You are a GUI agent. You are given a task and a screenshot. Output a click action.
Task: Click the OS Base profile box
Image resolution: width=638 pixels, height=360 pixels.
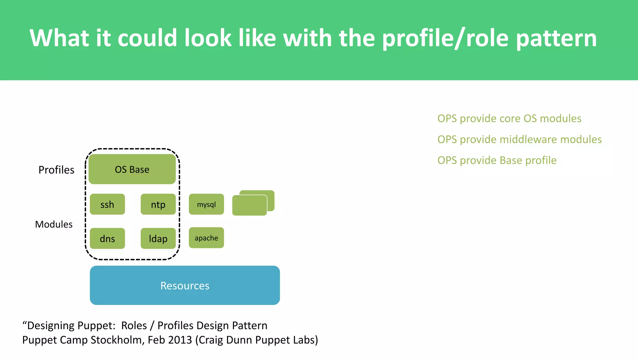(x=132, y=169)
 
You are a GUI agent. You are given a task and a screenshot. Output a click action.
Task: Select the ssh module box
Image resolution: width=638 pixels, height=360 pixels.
(x=107, y=204)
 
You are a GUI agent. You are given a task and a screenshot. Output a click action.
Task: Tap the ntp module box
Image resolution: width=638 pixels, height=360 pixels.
(x=158, y=204)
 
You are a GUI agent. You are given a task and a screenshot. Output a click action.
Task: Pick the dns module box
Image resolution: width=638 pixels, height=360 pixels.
(x=107, y=238)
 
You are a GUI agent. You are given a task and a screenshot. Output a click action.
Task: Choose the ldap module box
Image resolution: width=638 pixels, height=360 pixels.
(x=158, y=238)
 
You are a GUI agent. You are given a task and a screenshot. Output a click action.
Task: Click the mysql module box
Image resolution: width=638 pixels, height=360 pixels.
(x=206, y=204)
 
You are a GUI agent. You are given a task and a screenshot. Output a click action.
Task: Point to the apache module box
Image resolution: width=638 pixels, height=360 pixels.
(x=206, y=238)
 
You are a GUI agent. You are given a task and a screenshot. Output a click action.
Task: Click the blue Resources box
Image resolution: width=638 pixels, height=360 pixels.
(x=185, y=285)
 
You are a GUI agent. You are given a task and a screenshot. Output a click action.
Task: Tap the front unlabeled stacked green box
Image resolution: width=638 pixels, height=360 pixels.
(x=249, y=205)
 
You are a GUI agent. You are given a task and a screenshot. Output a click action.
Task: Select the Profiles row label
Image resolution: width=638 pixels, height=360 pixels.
(x=56, y=170)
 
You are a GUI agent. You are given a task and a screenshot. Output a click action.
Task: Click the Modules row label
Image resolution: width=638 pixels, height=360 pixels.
(x=54, y=224)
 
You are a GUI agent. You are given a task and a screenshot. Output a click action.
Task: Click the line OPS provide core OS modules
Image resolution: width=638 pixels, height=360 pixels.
(x=509, y=118)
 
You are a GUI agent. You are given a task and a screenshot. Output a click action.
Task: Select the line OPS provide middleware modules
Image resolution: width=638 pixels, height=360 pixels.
(x=519, y=139)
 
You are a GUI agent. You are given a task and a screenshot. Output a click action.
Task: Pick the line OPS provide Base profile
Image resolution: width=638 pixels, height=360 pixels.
(x=497, y=160)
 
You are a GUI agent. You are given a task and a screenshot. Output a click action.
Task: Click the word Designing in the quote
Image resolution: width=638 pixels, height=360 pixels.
(x=50, y=325)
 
